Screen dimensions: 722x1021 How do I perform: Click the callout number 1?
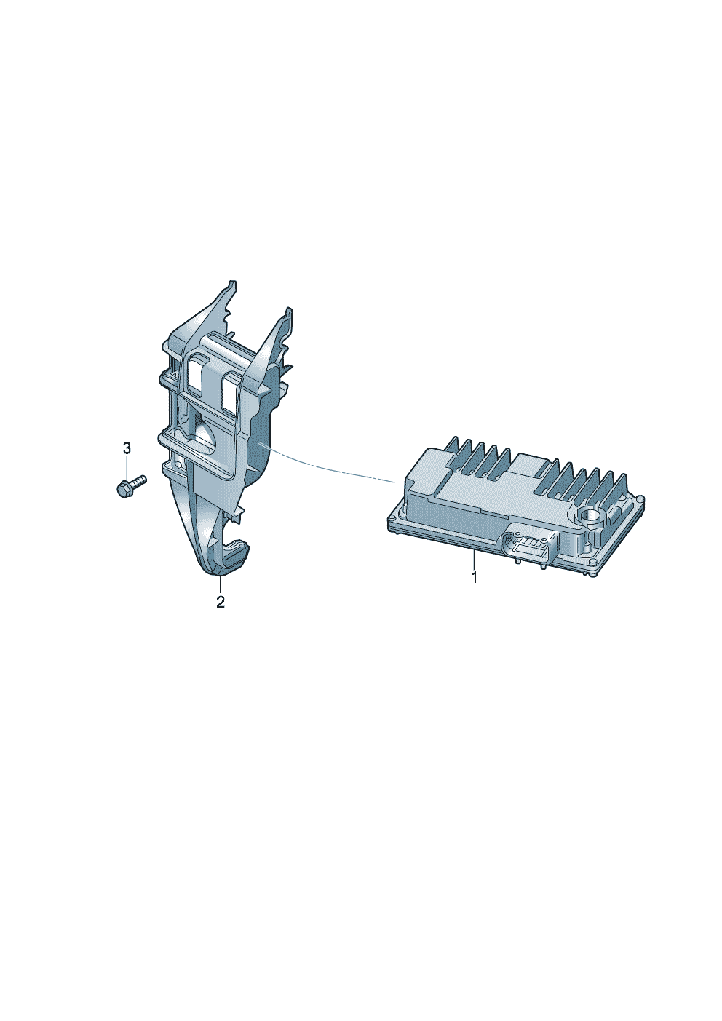[474, 577]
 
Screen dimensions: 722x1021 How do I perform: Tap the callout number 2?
[221, 602]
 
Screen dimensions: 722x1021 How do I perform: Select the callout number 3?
[127, 448]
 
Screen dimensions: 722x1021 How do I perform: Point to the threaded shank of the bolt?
[139, 481]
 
